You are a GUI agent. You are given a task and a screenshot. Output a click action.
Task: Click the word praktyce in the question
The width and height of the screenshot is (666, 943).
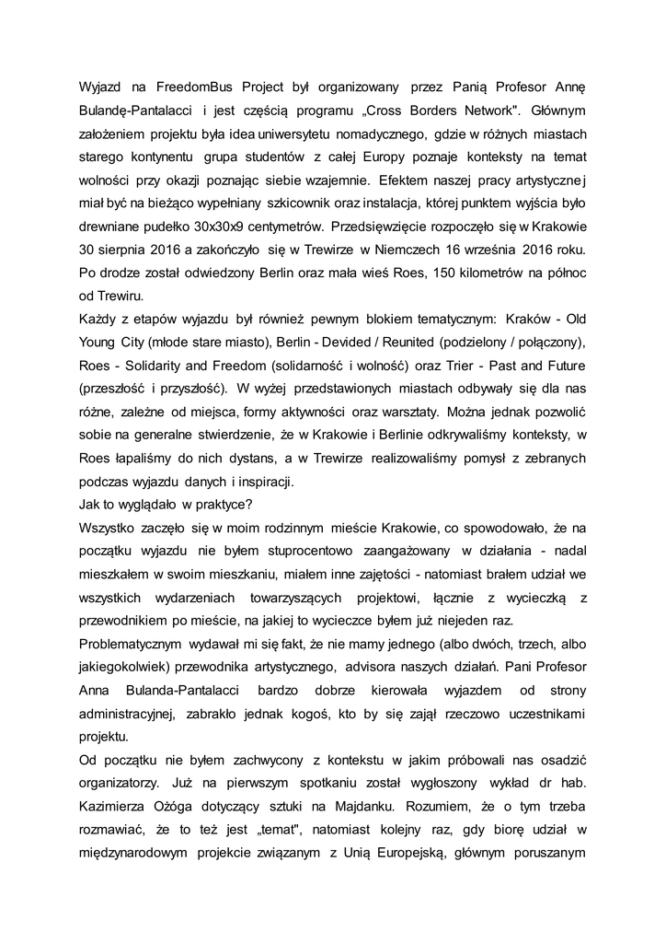point(219,505)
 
